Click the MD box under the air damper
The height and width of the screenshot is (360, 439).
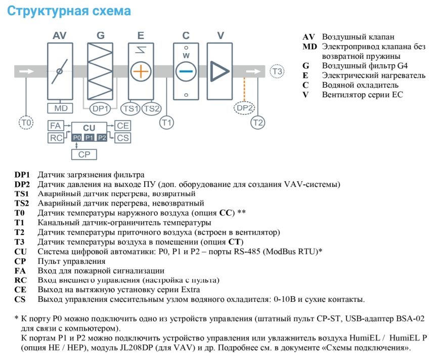(60, 108)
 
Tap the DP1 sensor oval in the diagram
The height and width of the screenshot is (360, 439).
(100, 108)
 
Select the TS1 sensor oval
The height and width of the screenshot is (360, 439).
(131, 108)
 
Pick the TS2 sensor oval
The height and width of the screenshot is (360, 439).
(151, 108)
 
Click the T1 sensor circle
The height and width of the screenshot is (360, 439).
(166, 123)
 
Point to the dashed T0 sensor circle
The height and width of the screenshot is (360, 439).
(26, 123)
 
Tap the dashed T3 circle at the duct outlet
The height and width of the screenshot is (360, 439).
(277, 71)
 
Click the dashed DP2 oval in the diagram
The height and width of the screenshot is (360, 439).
(244, 108)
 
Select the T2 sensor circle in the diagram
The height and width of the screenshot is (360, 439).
(257, 123)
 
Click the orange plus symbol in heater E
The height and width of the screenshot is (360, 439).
(141, 71)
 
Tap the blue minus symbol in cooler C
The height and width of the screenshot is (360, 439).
(186, 71)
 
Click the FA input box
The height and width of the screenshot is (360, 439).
(56, 126)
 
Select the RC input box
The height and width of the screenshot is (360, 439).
(56, 138)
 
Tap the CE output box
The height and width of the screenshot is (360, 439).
(122, 126)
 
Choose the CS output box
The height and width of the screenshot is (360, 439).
(122, 138)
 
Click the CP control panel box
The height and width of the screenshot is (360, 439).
(84, 154)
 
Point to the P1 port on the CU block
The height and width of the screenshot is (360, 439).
(90, 138)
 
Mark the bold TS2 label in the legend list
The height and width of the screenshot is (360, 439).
(22, 203)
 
